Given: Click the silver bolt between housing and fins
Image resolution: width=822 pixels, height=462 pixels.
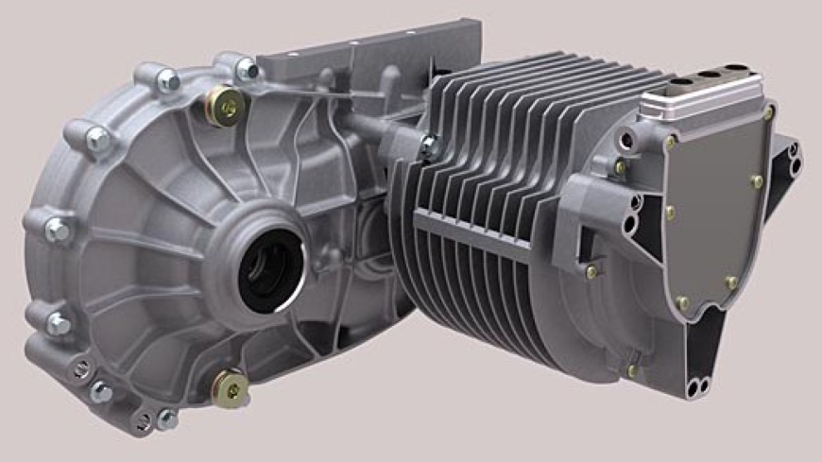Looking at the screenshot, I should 431,145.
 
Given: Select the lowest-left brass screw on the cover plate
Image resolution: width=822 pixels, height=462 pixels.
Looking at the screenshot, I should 682,303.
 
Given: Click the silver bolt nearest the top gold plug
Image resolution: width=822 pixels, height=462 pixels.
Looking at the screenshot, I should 248,68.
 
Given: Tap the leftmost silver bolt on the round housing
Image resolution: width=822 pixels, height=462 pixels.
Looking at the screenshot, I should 56,229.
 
